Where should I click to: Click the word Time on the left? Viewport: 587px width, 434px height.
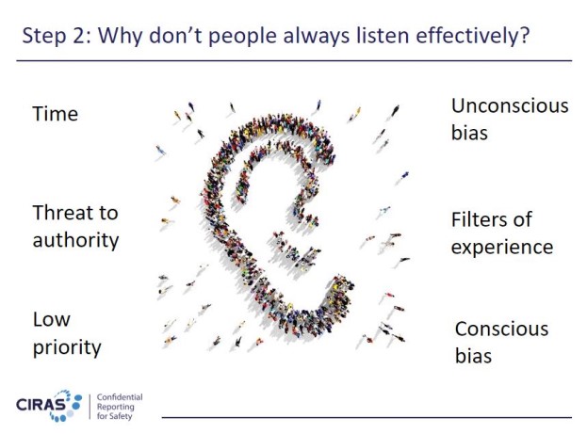(55, 114)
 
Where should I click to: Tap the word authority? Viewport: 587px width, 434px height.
(75, 240)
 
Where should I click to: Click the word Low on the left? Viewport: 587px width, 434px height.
(52, 319)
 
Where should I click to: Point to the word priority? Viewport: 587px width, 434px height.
(67, 347)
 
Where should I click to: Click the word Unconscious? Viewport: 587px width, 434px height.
(510, 105)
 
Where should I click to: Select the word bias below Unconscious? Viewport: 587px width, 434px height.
(469, 133)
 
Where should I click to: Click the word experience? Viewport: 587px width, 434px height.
(501, 248)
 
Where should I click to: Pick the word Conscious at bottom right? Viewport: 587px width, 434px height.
(501, 329)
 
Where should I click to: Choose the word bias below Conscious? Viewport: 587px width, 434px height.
(473, 356)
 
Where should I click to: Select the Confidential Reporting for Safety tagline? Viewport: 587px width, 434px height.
(120, 406)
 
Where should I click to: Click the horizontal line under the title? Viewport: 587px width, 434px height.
(295, 60)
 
